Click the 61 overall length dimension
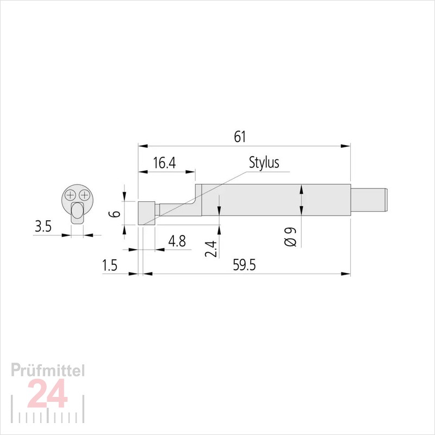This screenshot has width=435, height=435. pyautogui.click(x=240, y=137)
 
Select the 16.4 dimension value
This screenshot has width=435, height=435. pyautogui.click(x=165, y=163)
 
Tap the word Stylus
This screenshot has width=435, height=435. pyautogui.click(x=264, y=162)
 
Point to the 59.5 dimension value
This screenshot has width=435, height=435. pyautogui.click(x=244, y=265)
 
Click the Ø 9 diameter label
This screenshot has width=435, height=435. pyautogui.click(x=290, y=237)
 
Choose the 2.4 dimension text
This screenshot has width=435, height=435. pyautogui.click(x=211, y=249)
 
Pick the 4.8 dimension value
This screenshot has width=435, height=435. pyautogui.click(x=177, y=241)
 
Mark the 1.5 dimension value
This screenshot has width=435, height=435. pyautogui.click(x=110, y=265)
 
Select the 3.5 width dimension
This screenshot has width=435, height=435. pyautogui.click(x=43, y=226)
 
